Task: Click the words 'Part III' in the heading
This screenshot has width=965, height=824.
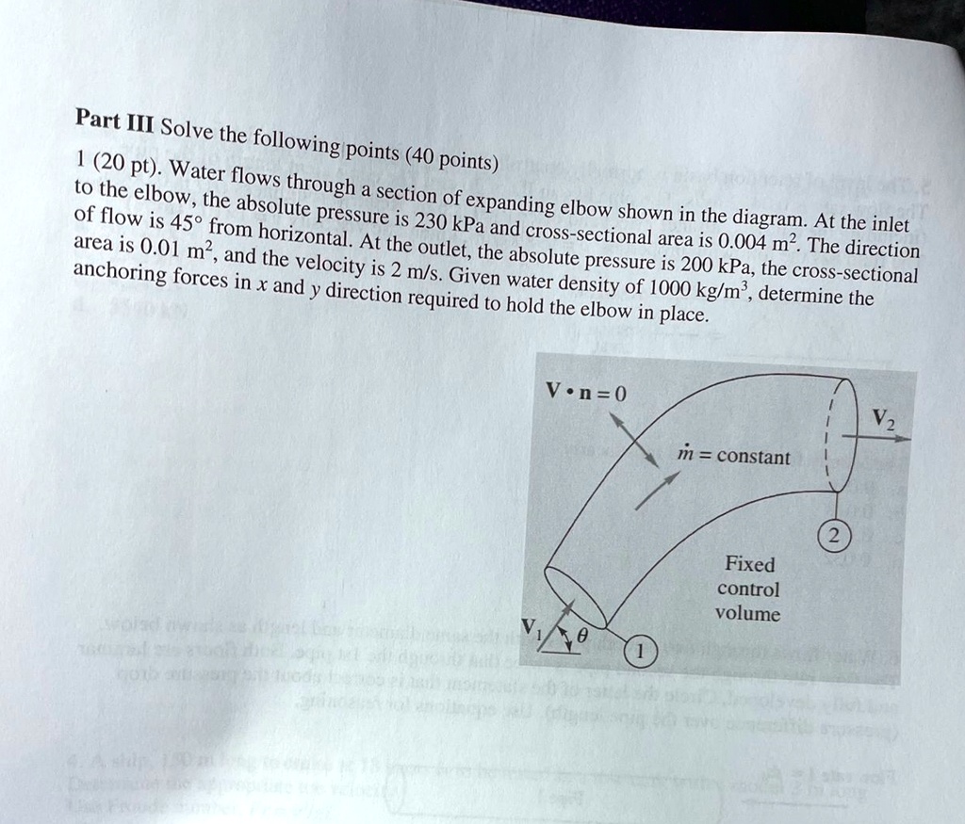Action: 107,122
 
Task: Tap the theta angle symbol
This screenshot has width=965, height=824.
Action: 581,638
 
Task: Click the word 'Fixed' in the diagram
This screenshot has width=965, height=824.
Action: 749,564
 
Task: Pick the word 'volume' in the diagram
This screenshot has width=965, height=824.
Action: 747,614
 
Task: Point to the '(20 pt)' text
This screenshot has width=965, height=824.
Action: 125,163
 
